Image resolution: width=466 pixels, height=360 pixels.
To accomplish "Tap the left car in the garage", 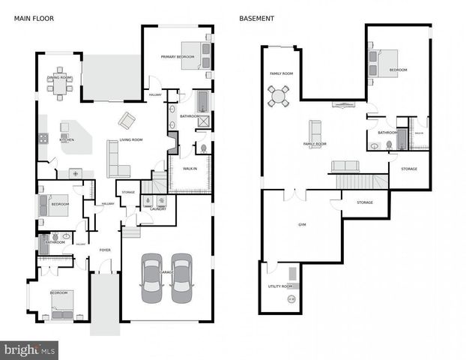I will point(151,277).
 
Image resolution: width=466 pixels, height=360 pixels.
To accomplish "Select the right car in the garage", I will point(181,277).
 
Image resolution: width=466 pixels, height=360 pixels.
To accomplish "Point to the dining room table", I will point(60,87).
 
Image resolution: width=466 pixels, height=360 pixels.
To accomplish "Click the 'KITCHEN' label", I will point(67,140).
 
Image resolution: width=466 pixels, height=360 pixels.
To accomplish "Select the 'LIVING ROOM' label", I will point(132,140).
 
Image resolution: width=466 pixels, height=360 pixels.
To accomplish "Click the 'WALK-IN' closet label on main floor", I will point(190,169).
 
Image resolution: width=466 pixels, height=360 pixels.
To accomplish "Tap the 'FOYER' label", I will point(105,250).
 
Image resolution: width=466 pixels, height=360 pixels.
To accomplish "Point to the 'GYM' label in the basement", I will point(302,224).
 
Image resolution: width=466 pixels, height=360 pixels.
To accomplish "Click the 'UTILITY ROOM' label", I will point(279,286).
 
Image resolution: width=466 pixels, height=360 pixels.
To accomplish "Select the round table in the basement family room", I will point(279,95).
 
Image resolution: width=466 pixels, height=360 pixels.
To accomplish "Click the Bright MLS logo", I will point(30,349).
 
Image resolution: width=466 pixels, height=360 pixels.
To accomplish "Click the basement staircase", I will point(355,181).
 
